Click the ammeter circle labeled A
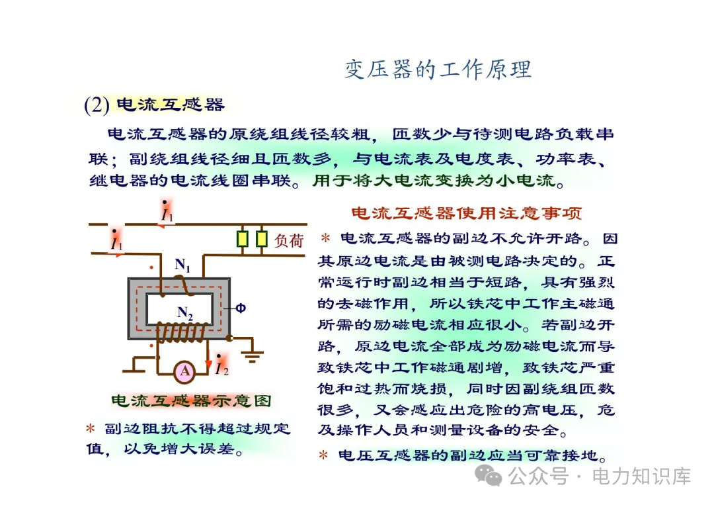click(x=184, y=371)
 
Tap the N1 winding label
click(x=182, y=266)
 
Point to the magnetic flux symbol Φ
click(x=241, y=308)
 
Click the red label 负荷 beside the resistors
click(x=289, y=241)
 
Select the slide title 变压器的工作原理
click(x=438, y=69)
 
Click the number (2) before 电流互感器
click(x=97, y=105)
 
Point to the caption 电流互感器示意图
click(x=190, y=401)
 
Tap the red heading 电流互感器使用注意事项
click(x=466, y=213)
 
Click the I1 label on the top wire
click(x=167, y=213)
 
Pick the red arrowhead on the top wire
click(x=161, y=225)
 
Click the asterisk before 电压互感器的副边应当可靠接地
click(x=323, y=455)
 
